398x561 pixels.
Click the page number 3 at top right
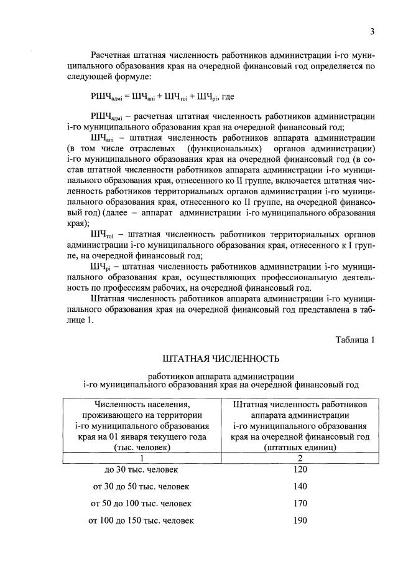pos(371,32)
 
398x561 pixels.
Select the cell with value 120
pos(300,469)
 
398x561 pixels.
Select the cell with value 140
pos(300,486)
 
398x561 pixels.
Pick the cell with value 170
pos(300,502)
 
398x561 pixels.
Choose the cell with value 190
pos(300,519)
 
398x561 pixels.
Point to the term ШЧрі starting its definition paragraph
pos(101,266)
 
